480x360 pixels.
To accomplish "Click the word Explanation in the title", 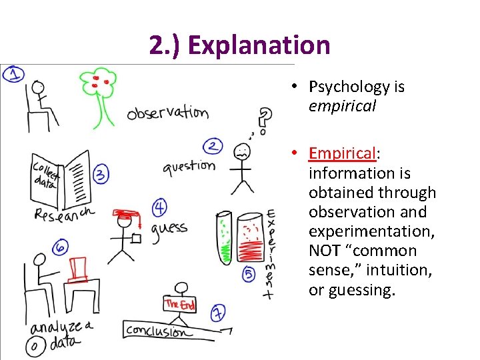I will pyautogui.click(x=259, y=45).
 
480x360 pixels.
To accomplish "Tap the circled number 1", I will pyautogui.click(x=14, y=74).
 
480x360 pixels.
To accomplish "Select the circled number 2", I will pyautogui.click(x=213, y=146).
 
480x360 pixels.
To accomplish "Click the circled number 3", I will pyautogui.click(x=101, y=175).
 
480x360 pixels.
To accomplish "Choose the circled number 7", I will pyautogui.click(x=218, y=312).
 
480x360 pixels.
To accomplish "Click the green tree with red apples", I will pyautogui.click(x=99, y=93).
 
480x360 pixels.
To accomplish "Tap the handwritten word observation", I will pyautogui.click(x=167, y=112).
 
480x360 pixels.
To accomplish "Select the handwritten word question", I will pyautogui.click(x=189, y=165).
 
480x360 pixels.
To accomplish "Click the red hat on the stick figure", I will pyautogui.click(x=125, y=215).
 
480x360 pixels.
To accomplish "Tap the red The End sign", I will pyautogui.click(x=180, y=304).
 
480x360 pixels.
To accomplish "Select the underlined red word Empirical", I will pyautogui.click(x=342, y=153).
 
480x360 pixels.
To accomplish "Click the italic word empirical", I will pyautogui.click(x=342, y=106).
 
